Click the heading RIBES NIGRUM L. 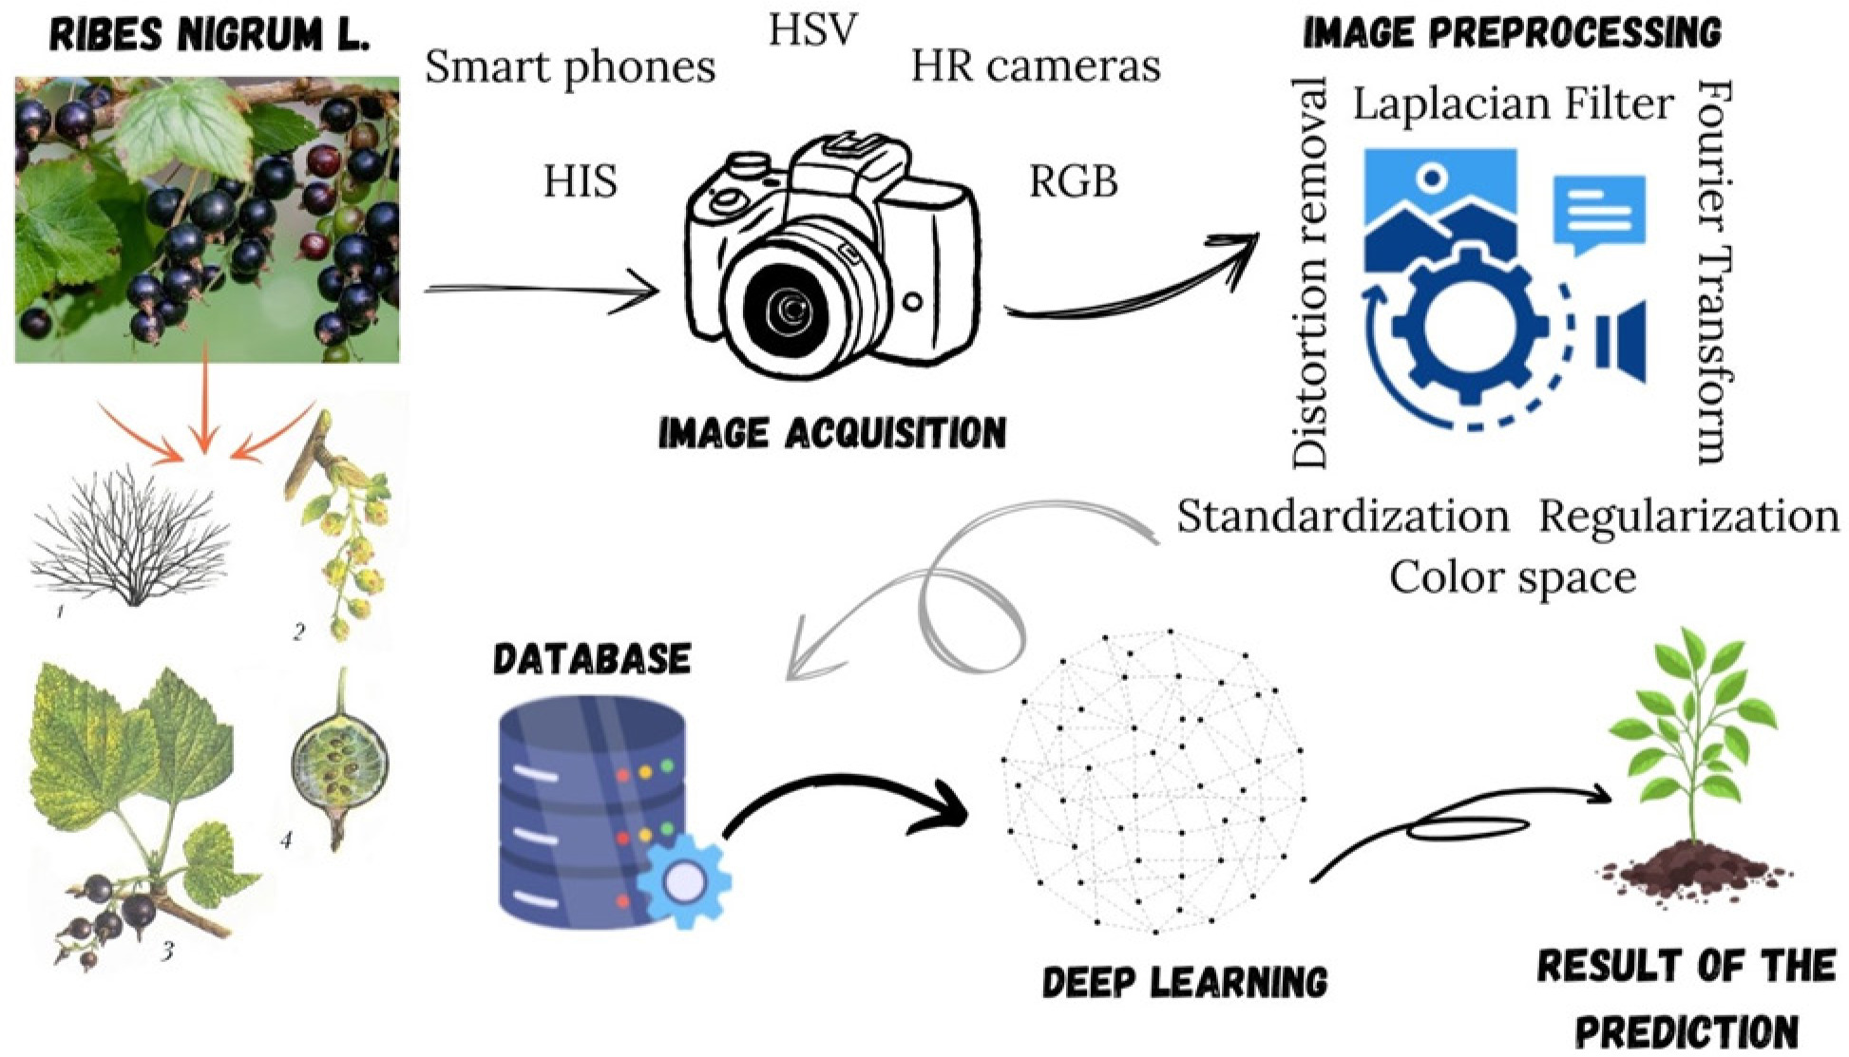(x=209, y=37)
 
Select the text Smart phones (x=570, y=67)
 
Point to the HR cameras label (x=1036, y=66)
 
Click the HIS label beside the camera (x=580, y=180)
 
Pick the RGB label (x=1074, y=180)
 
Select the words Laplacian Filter (x=1513, y=104)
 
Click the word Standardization (x=1343, y=517)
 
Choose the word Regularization (x=1688, y=517)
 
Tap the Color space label (x=1513, y=577)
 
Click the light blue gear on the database (x=684, y=882)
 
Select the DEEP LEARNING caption (x=1185, y=982)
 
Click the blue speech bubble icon (x=1599, y=212)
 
